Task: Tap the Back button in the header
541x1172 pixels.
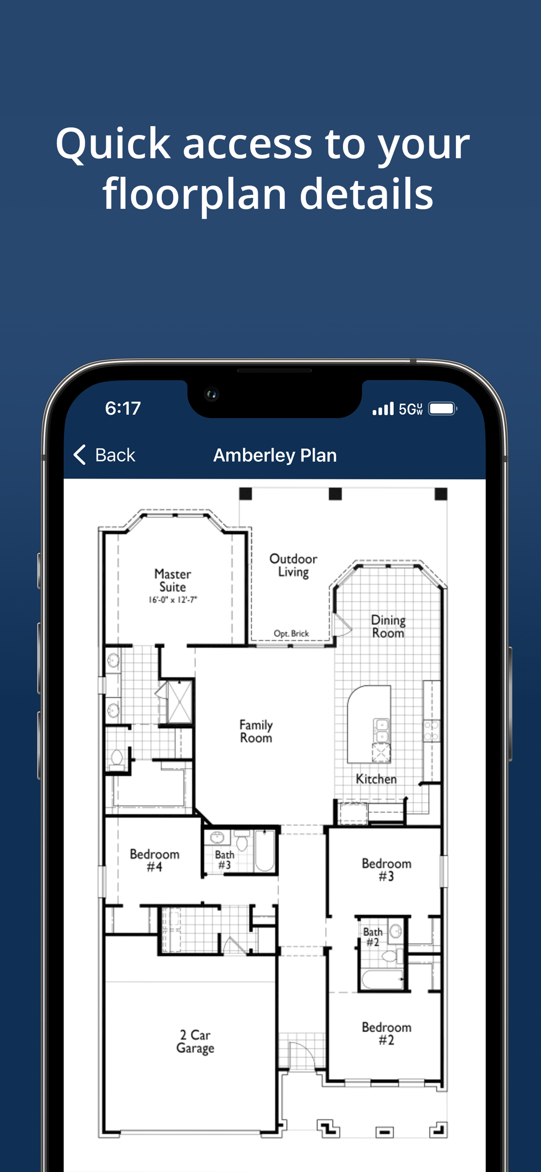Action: [x=104, y=454]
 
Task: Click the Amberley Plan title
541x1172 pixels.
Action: [x=275, y=455]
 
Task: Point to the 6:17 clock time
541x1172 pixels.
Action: [x=123, y=408]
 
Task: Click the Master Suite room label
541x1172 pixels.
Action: [x=173, y=580]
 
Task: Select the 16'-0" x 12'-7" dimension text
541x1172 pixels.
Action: [x=173, y=600]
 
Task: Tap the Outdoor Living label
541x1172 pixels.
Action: [x=293, y=565]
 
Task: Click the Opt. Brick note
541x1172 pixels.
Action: [x=291, y=633]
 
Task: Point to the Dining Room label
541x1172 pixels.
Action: [x=388, y=627]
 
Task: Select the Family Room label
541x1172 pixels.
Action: [x=256, y=731]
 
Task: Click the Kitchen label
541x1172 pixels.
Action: [x=376, y=779]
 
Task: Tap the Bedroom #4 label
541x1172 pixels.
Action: [x=154, y=860]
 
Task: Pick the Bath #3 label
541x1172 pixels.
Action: [x=224, y=860]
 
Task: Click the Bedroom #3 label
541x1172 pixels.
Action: [x=387, y=869]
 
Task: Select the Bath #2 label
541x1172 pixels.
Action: [x=373, y=937]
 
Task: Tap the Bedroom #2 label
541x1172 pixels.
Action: [x=387, y=1033]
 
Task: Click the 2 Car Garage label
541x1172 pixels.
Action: [x=195, y=1041]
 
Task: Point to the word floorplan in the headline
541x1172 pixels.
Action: [x=195, y=194]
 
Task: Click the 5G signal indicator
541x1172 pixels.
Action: [x=411, y=409]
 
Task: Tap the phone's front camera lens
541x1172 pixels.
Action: [x=211, y=394]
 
